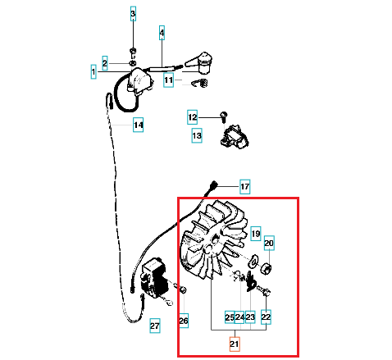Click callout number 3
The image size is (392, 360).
(133, 14)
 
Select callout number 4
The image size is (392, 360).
(162, 33)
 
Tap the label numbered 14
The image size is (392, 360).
(138, 125)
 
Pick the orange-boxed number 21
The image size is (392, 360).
(235, 344)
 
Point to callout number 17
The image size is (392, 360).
(244, 187)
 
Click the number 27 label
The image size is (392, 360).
(155, 326)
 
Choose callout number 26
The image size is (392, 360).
(184, 321)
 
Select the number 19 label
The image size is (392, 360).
(256, 234)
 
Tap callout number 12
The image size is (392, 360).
(192, 117)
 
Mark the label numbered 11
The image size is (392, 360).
(168, 80)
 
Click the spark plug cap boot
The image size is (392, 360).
(200, 62)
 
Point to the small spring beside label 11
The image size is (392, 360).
(199, 84)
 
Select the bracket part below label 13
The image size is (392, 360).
(235, 137)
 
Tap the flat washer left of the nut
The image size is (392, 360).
(252, 261)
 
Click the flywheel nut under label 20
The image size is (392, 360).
(266, 269)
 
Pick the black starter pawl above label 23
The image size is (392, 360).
(250, 281)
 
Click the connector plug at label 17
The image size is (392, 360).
(213, 185)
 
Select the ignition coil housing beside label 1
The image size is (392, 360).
(139, 81)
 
